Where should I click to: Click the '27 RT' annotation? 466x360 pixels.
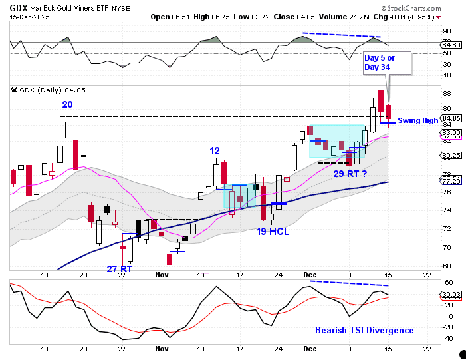click(x=120, y=268)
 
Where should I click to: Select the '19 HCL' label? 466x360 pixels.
click(x=273, y=232)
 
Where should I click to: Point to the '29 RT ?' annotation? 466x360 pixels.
click(x=350, y=173)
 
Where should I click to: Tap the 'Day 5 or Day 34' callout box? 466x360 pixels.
click(x=388, y=63)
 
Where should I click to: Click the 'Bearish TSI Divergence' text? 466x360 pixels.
click(x=364, y=330)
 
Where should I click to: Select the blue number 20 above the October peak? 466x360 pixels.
click(x=68, y=104)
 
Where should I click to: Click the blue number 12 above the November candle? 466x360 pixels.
click(x=215, y=151)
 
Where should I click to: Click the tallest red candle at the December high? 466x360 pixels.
click(x=380, y=100)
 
